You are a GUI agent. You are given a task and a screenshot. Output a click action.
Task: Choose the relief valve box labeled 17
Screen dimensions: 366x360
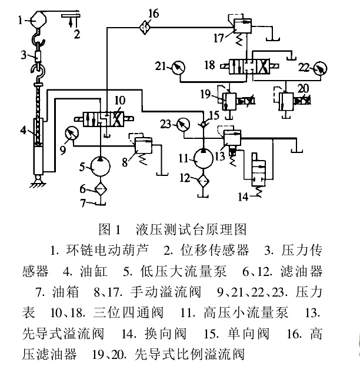pyautogui.click(x=241, y=25)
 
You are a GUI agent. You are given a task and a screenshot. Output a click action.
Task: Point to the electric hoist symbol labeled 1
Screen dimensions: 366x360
pyautogui.click(x=35, y=19)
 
